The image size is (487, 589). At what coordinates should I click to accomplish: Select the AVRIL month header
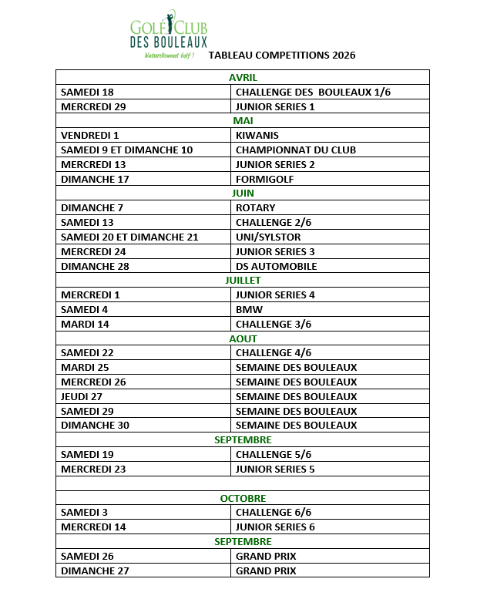point(243,77)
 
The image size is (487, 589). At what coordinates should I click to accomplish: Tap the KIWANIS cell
point(257,136)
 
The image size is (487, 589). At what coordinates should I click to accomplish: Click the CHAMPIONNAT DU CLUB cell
point(296,150)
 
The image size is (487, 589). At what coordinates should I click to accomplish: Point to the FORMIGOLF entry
point(265,180)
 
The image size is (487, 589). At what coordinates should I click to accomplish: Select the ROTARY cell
point(256,208)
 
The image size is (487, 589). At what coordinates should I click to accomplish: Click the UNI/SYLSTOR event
point(268,237)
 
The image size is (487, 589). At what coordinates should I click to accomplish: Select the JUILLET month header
point(243,281)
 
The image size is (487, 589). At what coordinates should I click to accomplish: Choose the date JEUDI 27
point(82,397)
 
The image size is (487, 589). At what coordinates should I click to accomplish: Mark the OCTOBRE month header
point(243,499)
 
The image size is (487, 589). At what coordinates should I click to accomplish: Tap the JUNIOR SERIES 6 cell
point(275,527)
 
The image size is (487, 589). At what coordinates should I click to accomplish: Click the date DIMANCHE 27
point(95,571)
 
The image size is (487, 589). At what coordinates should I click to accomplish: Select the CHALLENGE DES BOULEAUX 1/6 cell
point(314,92)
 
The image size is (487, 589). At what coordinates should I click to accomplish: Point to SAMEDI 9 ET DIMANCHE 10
point(127,150)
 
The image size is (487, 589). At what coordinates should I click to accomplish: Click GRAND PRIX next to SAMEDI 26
point(266,557)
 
